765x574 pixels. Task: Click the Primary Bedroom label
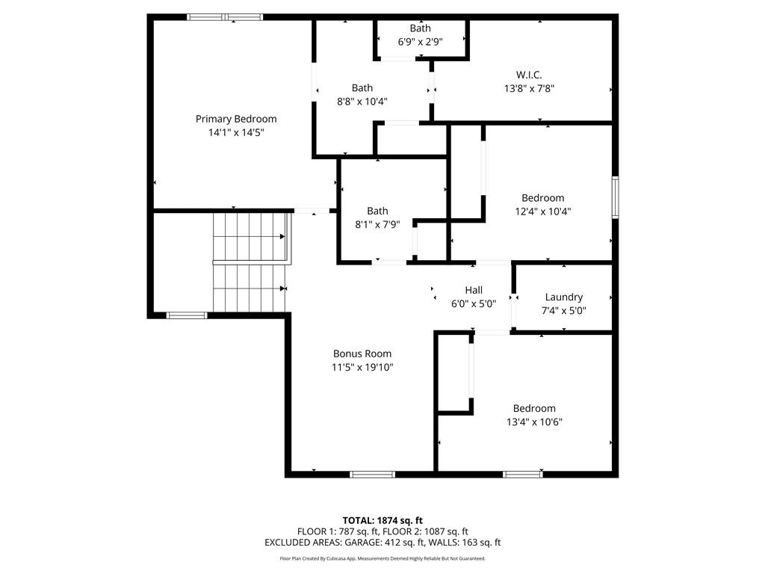click(236, 119)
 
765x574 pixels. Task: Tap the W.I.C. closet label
click(529, 75)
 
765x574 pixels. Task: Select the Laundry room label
click(564, 297)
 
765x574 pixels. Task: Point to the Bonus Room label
click(362, 354)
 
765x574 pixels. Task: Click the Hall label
click(474, 290)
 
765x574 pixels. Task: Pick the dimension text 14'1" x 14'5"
click(236, 132)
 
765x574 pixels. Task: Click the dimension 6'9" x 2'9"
click(420, 42)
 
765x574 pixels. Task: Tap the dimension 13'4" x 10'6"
click(534, 422)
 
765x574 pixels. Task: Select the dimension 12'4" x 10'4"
click(542, 211)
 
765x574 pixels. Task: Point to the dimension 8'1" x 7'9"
click(377, 224)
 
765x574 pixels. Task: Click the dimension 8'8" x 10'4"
click(362, 101)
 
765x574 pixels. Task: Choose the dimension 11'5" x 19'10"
click(362, 367)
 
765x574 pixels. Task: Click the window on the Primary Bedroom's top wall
click(225, 16)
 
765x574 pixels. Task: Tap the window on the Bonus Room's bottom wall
click(372, 474)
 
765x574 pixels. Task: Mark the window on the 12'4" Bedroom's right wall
click(615, 197)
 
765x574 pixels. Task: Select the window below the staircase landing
click(187, 315)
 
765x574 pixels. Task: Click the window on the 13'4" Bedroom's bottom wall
click(523, 474)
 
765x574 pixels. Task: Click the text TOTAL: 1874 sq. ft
click(382, 520)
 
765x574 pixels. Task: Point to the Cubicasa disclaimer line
click(382, 558)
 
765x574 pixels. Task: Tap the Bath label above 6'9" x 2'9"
click(420, 28)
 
